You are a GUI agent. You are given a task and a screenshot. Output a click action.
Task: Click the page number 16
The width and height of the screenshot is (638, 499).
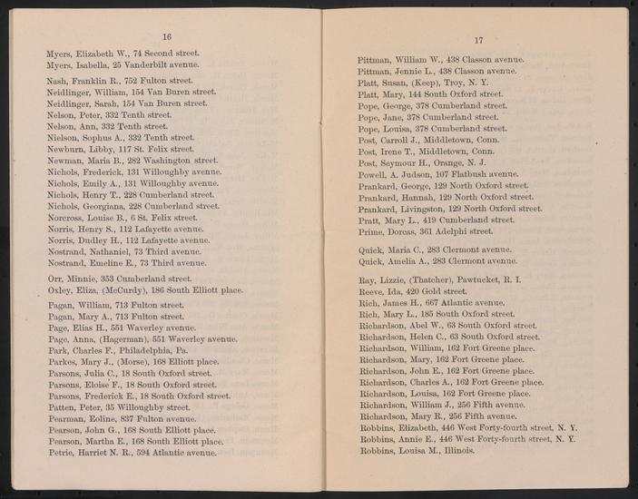pyautogui.click(x=166, y=37)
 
